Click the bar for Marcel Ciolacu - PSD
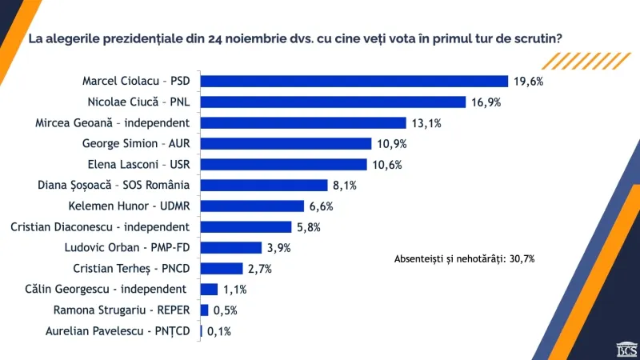(x=354, y=82)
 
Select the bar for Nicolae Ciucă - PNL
(x=333, y=102)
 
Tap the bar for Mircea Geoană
(x=303, y=123)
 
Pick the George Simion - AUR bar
(x=286, y=144)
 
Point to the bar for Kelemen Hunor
(x=252, y=206)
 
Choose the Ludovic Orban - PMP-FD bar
(x=231, y=248)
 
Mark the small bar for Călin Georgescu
(x=209, y=290)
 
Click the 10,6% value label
(x=387, y=165)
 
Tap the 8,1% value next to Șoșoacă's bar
(x=345, y=186)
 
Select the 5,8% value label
(x=309, y=227)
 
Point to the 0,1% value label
(x=218, y=331)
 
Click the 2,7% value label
(x=259, y=269)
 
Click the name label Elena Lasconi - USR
(x=138, y=165)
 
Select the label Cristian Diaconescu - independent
(x=100, y=227)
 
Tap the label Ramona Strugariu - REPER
(x=122, y=310)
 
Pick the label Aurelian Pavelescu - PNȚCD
(x=118, y=331)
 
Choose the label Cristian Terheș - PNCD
(x=131, y=269)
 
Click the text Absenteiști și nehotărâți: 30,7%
(x=465, y=259)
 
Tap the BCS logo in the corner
(x=627, y=350)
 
